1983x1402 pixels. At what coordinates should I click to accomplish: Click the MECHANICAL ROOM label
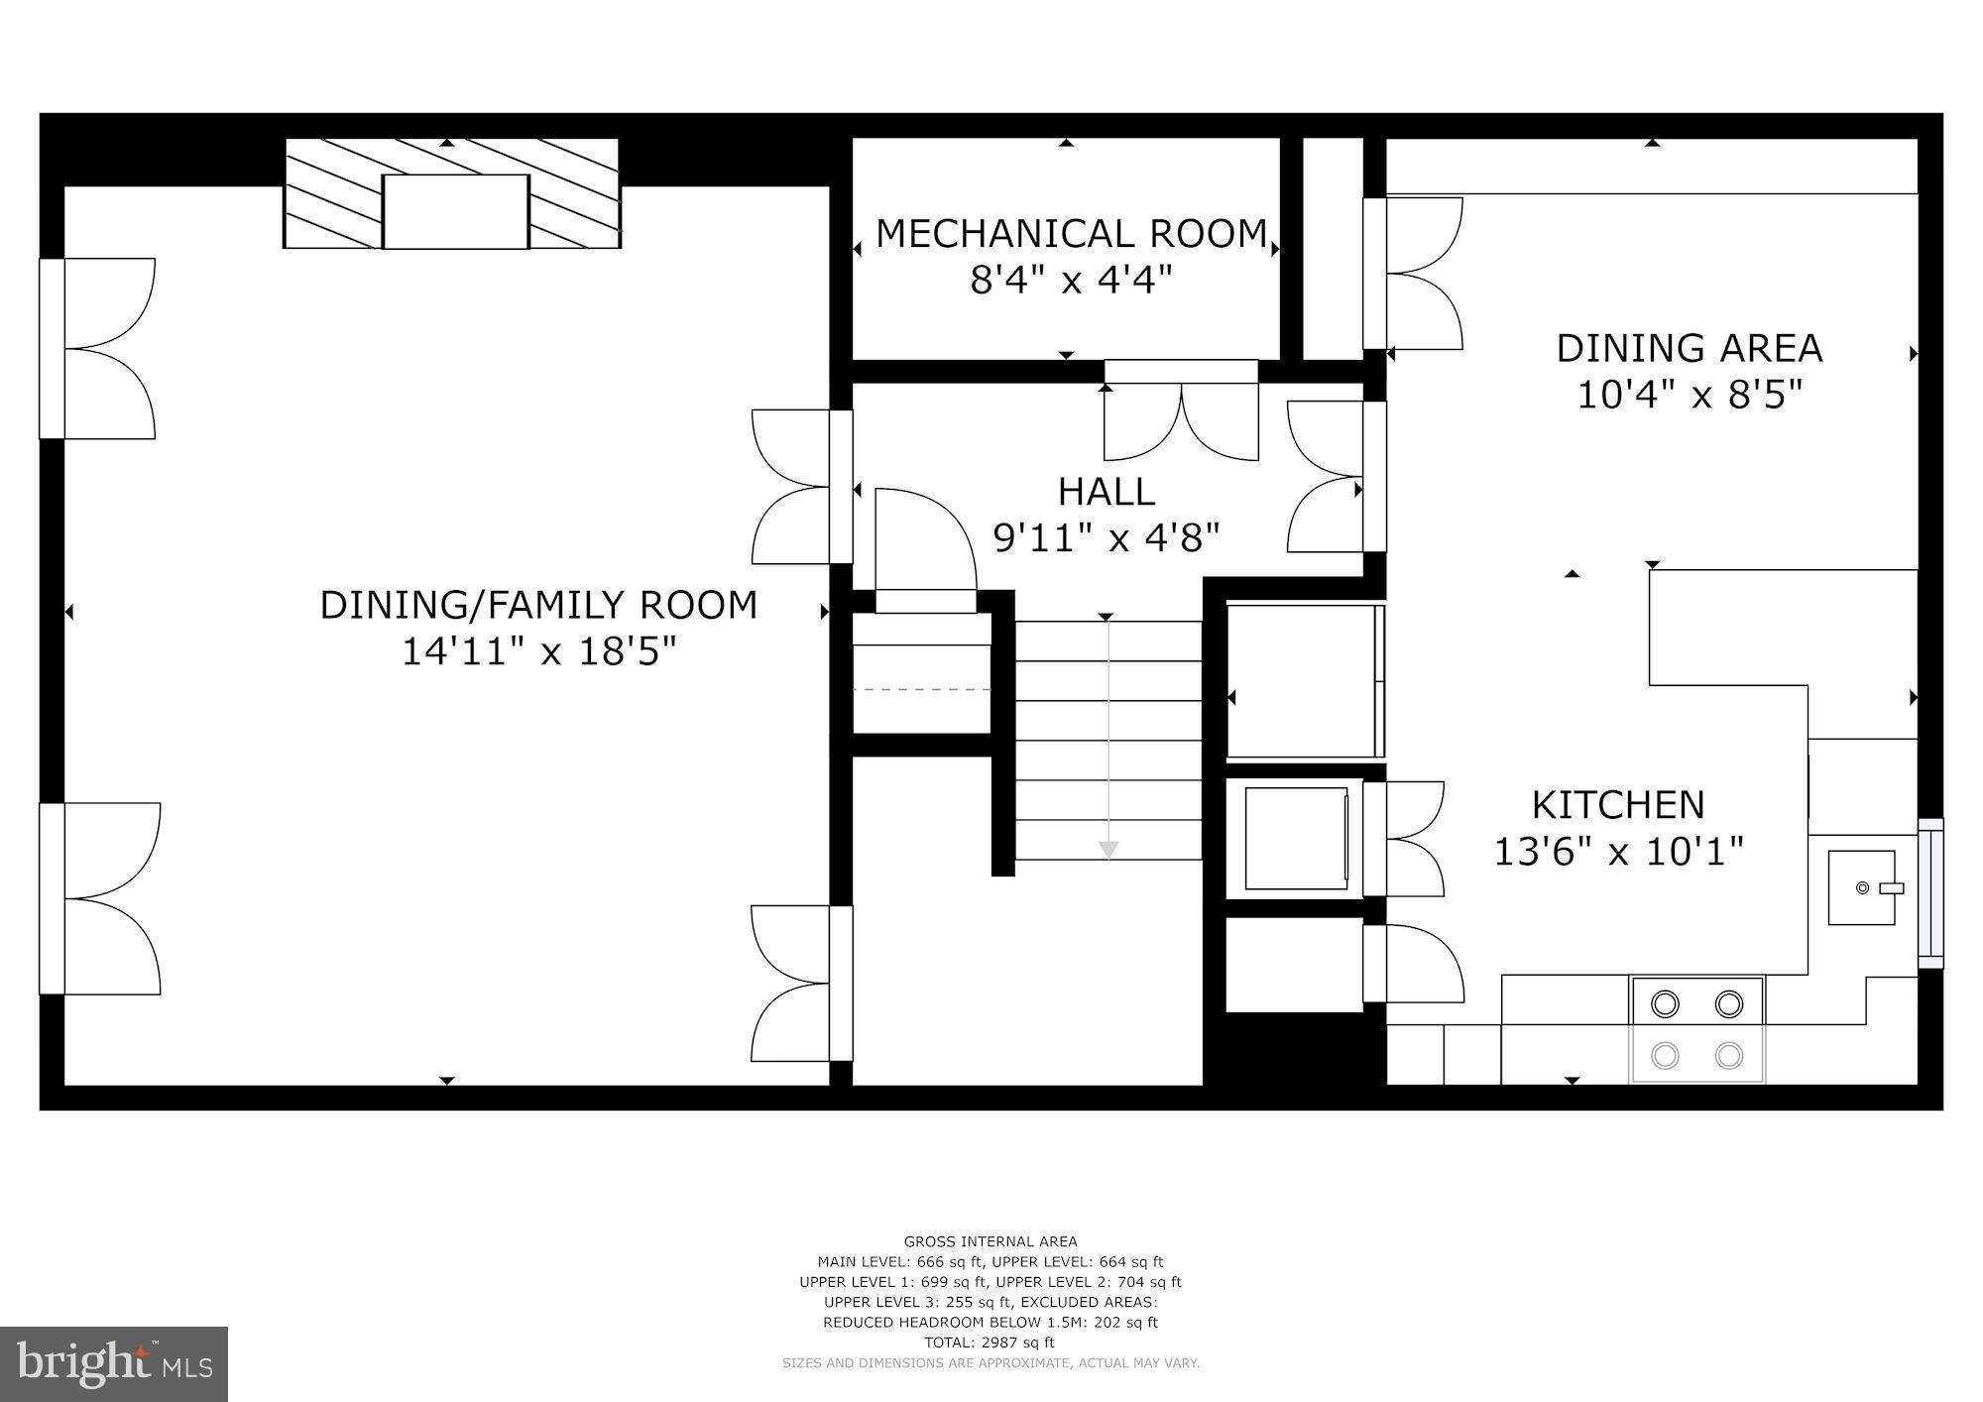coord(1071,234)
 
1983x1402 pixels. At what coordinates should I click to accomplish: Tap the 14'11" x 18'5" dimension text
coord(538,652)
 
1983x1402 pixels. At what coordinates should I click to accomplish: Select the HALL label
coord(1106,492)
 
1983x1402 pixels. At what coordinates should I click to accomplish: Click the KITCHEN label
coord(1618,804)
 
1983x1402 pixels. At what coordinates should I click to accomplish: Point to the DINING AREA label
coord(1689,348)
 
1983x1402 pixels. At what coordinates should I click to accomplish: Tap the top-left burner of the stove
coord(1665,1004)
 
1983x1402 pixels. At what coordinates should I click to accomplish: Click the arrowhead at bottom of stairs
coord(1108,850)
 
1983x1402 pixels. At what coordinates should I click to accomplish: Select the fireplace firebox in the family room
coord(455,211)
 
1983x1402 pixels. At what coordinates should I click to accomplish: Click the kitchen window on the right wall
coord(1929,892)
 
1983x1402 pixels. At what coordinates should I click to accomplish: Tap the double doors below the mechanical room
coord(1181,421)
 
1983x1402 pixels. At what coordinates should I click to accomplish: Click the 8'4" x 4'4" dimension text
coord(1071,281)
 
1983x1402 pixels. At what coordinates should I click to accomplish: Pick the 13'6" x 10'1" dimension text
coord(1618,851)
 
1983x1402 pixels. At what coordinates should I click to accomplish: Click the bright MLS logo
coord(114,1364)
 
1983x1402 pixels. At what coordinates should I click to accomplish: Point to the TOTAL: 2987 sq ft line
coord(990,1343)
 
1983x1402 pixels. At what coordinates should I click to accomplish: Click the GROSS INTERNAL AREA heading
coord(990,1241)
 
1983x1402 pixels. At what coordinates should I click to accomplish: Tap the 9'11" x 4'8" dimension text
coord(1106,538)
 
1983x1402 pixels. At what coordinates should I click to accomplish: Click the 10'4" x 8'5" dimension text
coord(1689,395)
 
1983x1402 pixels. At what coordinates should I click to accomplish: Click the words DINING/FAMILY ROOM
coord(538,605)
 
